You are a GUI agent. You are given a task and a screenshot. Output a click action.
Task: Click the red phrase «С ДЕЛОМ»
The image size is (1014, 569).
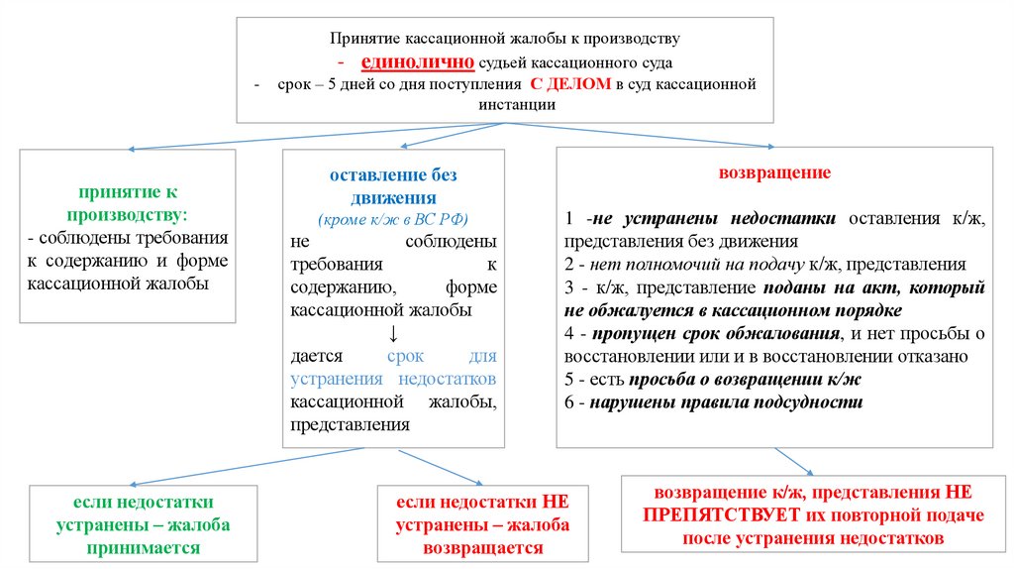[570, 84]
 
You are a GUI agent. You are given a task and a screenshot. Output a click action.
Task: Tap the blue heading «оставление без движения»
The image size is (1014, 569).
[393, 185]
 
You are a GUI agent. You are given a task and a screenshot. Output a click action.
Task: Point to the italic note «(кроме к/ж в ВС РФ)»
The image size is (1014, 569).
[393, 219]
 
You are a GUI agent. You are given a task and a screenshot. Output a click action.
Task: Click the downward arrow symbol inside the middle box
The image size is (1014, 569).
[393, 332]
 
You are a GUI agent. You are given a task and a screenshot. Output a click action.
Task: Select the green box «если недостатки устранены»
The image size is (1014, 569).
[130, 520]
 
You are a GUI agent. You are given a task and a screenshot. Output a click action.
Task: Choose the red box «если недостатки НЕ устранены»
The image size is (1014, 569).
[482, 520]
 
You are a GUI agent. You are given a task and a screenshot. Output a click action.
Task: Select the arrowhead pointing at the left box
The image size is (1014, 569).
[132, 149]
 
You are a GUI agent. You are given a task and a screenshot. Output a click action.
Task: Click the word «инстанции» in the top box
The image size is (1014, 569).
[505, 103]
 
